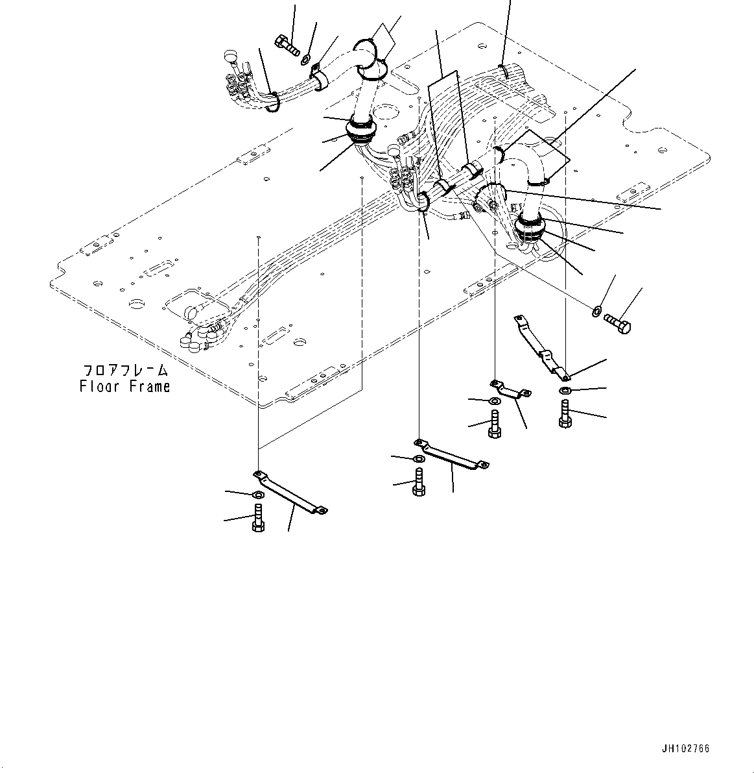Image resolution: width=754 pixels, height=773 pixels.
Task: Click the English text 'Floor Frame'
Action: pos(124,386)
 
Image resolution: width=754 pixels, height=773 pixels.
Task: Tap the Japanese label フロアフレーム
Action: pos(125,371)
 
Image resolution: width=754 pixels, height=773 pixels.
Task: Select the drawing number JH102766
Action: pos(685,748)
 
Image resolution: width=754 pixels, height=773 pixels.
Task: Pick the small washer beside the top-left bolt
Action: pos(305,60)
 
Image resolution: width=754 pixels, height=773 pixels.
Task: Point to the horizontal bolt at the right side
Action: pos(617,323)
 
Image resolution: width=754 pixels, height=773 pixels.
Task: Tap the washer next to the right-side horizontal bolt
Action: pos(596,311)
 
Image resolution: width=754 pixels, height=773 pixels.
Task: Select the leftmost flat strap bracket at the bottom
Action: pos(290,493)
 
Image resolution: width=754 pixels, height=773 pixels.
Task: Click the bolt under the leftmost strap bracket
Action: pos(257,520)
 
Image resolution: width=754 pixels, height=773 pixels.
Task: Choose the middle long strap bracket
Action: pos(451,454)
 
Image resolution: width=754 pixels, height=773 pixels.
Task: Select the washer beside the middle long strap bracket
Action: pos(419,460)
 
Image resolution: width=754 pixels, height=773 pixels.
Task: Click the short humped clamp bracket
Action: pos(511,390)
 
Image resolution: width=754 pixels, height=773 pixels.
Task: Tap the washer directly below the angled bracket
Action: pos(565,390)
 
